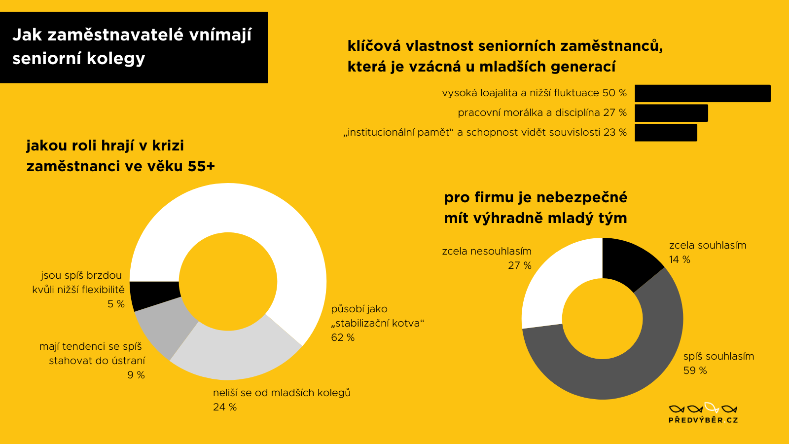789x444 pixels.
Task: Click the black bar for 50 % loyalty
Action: click(x=703, y=93)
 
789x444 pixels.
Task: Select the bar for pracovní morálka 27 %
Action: click(x=671, y=113)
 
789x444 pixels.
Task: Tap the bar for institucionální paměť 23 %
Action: click(x=666, y=133)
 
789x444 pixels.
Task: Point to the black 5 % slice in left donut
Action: click(x=153, y=294)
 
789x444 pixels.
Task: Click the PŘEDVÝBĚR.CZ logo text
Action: click(x=703, y=420)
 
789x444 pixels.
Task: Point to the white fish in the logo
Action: click(x=712, y=407)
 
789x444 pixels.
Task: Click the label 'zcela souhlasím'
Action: click(x=708, y=245)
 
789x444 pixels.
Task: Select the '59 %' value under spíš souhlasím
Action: click(x=695, y=370)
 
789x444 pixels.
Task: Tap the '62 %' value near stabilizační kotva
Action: click(x=343, y=337)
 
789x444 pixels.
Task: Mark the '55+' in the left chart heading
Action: click(x=201, y=166)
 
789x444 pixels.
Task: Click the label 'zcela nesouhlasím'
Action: click(x=487, y=251)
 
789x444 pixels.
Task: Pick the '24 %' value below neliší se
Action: click(x=225, y=407)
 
